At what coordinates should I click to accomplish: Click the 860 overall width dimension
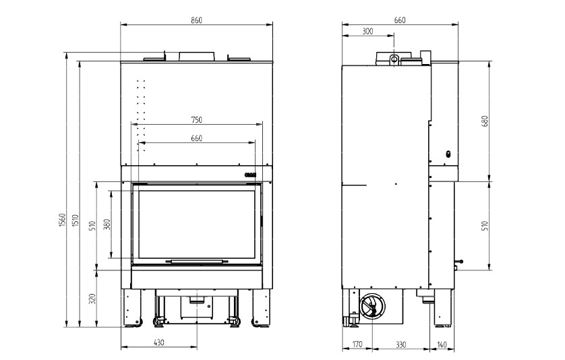(x=197, y=20)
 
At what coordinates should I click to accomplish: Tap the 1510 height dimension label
(x=76, y=220)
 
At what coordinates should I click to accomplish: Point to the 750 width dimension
(x=197, y=119)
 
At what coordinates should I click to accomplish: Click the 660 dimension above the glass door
(x=197, y=138)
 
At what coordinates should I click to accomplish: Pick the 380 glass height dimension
(x=107, y=224)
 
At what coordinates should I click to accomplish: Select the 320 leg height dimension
(x=92, y=299)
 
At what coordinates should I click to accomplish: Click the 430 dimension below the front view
(x=159, y=342)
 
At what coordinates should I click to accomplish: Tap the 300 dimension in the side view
(x=367, y=32)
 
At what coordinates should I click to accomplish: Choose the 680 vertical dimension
(x=485, y=121)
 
